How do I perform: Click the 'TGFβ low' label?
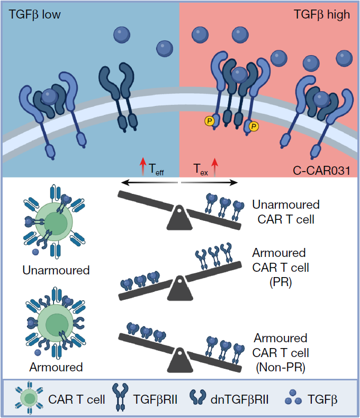click(x=34, y=15)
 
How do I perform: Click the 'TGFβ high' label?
click(x=322, y=15)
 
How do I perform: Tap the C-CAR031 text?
click(x=321, y=171)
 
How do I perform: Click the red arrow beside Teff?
click(x=143, y=166)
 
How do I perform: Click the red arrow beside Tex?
click(x=215, y=167)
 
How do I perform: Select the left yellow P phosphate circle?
click(x=210, y=121)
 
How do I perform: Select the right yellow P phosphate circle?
click(x=254, y=126)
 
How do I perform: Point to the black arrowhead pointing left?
click(x=125, y=183)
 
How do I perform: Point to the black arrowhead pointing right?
click(x=233, y=183)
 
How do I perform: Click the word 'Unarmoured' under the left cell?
click(x=56, y=270)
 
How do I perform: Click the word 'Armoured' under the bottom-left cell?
click(x=56, y=367)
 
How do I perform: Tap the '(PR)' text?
click(x=281, y=282)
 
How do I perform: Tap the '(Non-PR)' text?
click(x=281, y=368)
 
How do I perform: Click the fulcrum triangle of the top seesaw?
click(x=179, y=219)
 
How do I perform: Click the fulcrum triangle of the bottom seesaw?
click(x=180, y=360)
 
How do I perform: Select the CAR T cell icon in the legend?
click(x=29, y=398)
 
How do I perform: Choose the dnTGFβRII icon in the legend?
click(x=197, y=397)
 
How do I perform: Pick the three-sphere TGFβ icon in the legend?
click(x=293, y=397)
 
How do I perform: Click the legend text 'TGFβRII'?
click(x=155, y=399)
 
